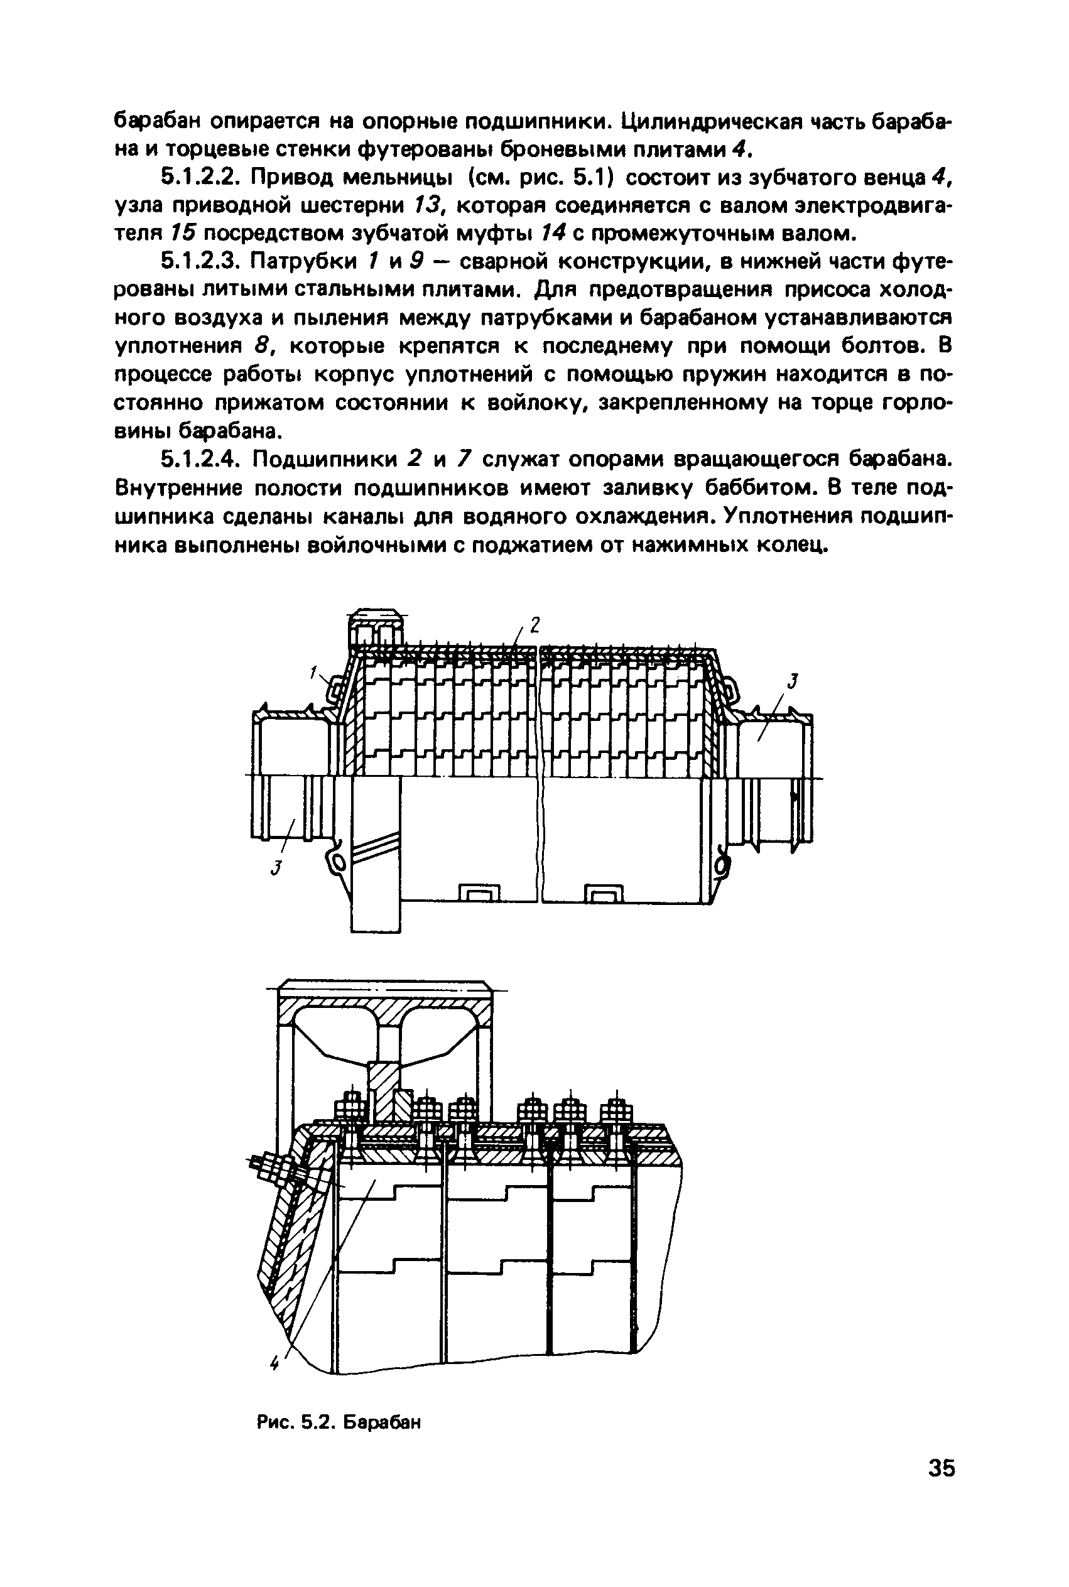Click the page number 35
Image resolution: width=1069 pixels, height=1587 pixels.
pos(941,1468)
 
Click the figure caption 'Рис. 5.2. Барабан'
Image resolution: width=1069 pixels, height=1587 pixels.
pos(339,1422)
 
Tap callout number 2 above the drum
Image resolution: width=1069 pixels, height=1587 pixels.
pos(534,624)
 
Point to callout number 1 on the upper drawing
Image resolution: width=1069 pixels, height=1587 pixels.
pos(314,673)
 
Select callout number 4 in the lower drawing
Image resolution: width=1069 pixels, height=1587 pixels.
pos(274,1363)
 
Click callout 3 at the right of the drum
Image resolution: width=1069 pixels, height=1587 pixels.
pos(793,681)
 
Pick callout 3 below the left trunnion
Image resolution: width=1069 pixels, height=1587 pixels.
pos(276,868)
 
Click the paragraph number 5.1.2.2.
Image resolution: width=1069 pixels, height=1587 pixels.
pos(198,178)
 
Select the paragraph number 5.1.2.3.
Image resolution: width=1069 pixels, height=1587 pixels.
pos(198,262)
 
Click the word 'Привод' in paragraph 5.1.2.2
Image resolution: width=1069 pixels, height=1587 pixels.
pos(295,178)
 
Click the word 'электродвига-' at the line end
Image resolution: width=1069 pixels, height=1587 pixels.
pos(862,206)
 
